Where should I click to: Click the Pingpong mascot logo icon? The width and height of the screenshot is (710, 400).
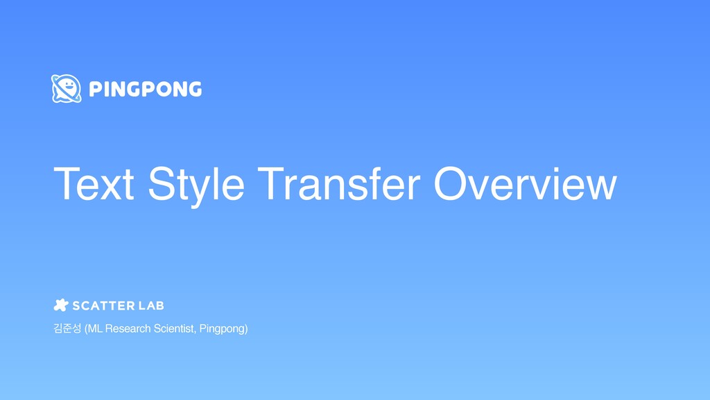click(x=67, y=88)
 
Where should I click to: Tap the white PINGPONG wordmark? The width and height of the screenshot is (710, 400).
click(x=146, y=89)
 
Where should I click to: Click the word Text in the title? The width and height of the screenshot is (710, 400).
click(x=95, y=185)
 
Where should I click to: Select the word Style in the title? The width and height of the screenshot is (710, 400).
click(x=196, y=185)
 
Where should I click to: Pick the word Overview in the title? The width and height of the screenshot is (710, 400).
click(x=525, y=185)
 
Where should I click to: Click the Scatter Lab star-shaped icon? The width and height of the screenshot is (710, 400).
click(x=61, y=305)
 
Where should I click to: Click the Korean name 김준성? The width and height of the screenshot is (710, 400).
click(x=67, y=328)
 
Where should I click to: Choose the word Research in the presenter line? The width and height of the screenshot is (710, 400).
click(x=128, y=328)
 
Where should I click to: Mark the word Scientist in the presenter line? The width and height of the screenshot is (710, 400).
click(x=174, y=328)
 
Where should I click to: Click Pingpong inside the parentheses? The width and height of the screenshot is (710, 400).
click(x=222, y=328)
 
